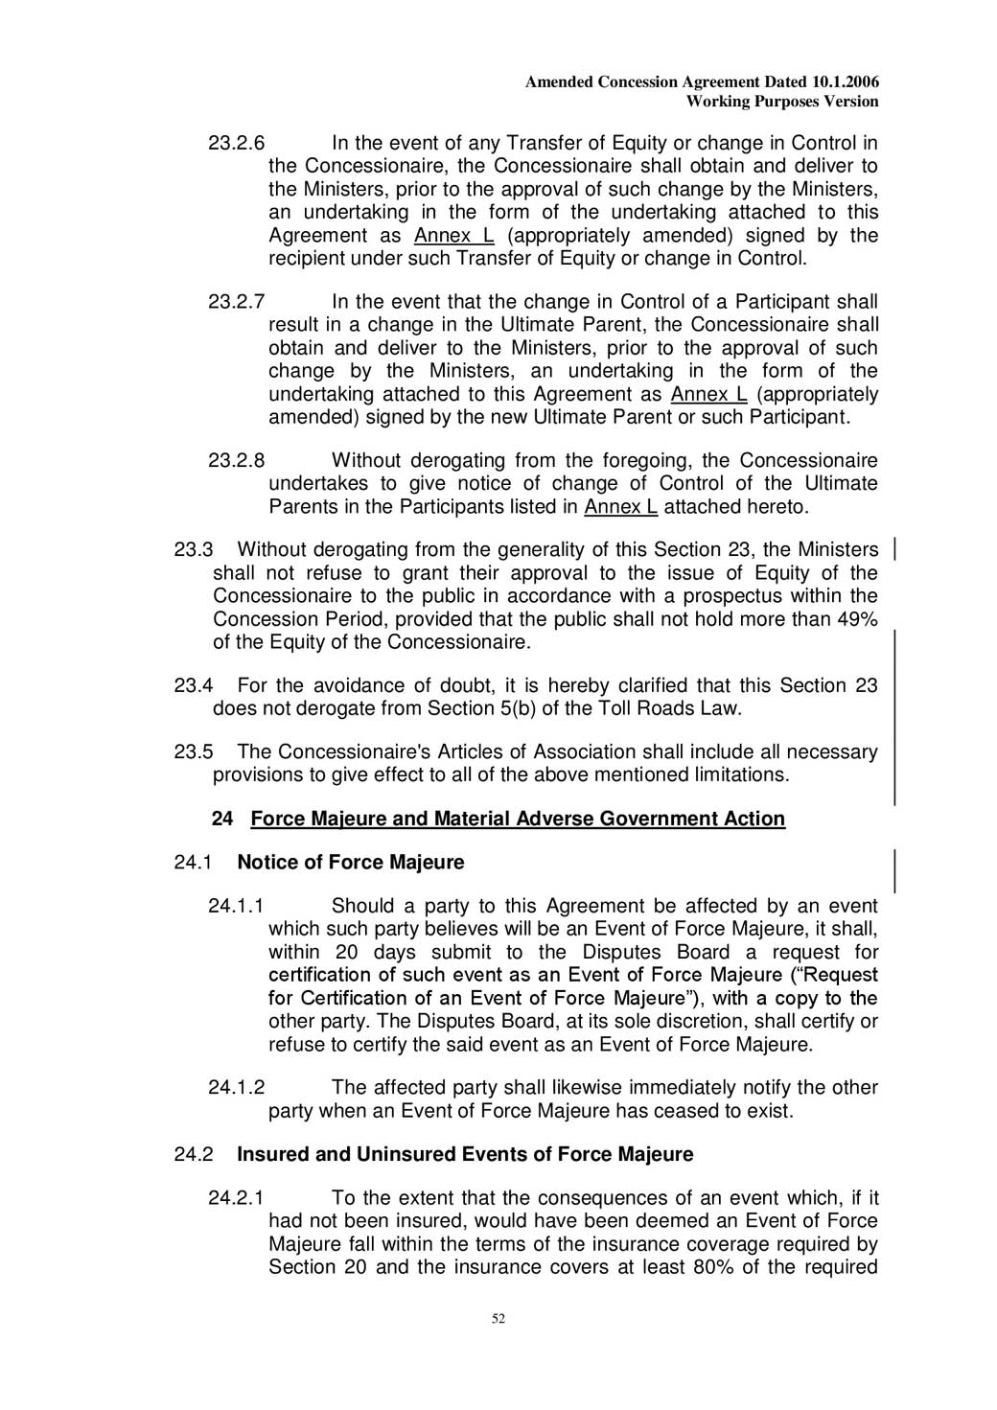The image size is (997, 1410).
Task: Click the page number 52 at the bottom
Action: (498, 1319)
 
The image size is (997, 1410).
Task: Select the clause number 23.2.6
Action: (236, 144)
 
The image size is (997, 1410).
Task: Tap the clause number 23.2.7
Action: (236, 303)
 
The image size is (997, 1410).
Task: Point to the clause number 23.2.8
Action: (236, 461)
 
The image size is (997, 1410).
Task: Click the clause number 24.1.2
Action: (236, 1088)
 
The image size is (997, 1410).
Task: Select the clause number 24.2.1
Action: (236, 1198)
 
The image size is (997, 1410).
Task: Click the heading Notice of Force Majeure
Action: (350, 863)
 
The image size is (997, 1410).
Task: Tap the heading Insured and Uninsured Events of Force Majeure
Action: (465, 1154)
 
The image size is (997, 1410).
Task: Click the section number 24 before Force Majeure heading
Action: (222, 819)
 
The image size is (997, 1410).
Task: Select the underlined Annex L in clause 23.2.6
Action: (453, 236)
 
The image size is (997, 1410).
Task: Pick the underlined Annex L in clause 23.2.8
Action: (620, 507)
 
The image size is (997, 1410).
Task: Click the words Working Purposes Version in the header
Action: (782, 102)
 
